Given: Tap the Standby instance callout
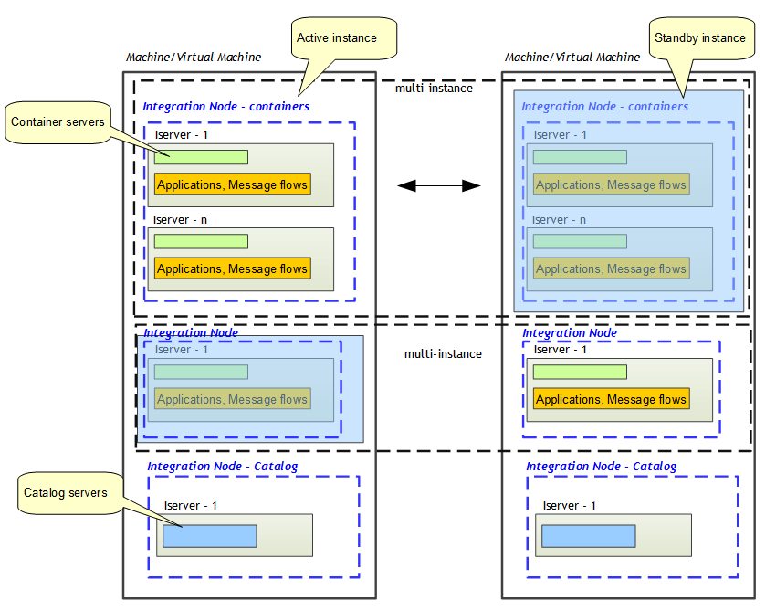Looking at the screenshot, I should (700, 38).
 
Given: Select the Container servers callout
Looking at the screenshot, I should (58, 122).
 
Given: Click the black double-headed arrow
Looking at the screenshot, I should (439, 185).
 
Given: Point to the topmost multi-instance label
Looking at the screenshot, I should (434, 89).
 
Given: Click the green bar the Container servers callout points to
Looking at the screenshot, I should (201, 157).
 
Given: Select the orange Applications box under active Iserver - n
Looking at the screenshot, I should (232, 268).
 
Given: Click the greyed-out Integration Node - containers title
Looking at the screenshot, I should (604, 107).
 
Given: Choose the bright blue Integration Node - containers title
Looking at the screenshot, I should (225, 107).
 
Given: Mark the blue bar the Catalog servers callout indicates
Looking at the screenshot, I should (209, 536).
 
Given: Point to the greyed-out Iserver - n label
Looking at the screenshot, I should (560, 220).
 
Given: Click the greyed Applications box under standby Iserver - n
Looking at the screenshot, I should (611, 268).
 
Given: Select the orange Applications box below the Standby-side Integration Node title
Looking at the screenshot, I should (611, 400).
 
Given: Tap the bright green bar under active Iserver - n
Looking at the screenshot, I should (201, 241).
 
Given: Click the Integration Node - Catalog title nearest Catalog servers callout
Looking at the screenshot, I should (222, 467).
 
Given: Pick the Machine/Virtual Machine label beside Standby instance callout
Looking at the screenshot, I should (572, 58).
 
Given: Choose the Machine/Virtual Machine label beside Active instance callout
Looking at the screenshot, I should (194, 58).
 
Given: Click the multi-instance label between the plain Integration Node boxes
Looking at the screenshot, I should (443, 354).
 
